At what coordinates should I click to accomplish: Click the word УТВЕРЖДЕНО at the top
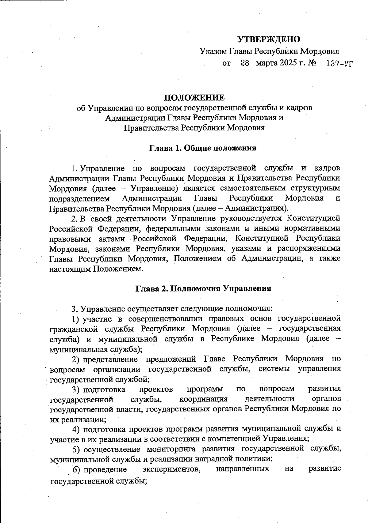(x=269, y=40)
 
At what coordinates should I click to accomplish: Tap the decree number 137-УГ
(x=340, y=64)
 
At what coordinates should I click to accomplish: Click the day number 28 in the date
(x=244, y=63)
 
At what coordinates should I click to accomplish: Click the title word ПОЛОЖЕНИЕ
(x=194, y=98)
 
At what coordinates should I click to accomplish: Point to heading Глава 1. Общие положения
(x=202, y=148)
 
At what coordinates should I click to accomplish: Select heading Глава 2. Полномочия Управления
(x=203, y=288)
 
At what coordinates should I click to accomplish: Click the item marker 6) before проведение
(x=77, y=469)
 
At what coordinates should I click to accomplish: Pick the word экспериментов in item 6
(x=172, y=469)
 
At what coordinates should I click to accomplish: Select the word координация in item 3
(x=203, y=399)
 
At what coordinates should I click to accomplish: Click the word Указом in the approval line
(x=213, y=51)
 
